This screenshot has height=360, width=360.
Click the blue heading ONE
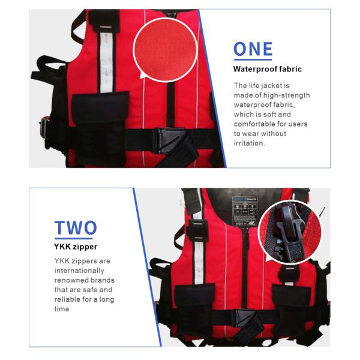point(253,49)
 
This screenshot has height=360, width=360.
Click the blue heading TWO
point(76,227)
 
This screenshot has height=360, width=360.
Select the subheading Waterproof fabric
point(268,69)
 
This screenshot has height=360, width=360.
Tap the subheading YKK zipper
point(76,247)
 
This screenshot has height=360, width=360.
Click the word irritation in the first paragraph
point(248,143)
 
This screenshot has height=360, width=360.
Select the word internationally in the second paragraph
point(79,271)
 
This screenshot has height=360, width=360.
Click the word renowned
point(69,280)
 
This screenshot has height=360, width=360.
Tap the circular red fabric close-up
point(166,50)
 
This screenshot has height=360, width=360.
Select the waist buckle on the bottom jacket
point(244,317)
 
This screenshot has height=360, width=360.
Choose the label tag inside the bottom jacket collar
point(245,211)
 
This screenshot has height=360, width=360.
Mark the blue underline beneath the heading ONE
point(253,59)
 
